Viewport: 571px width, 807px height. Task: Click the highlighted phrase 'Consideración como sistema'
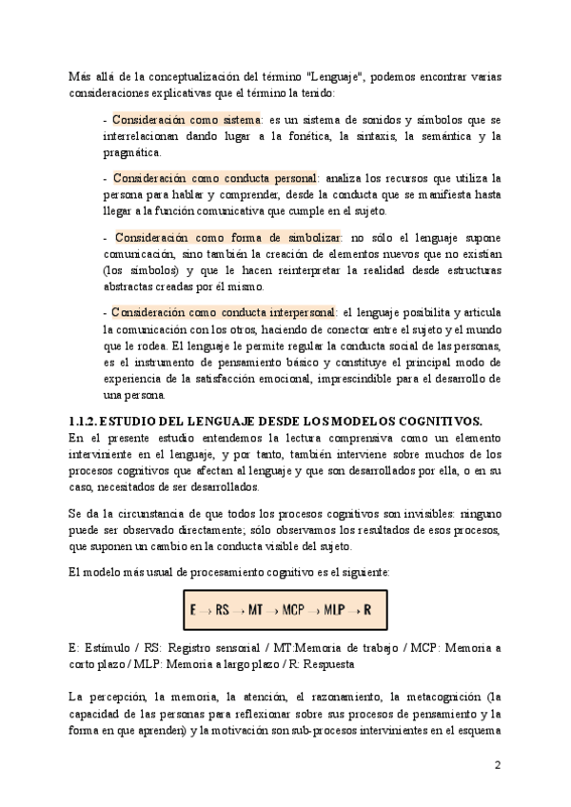[x=186, y=121]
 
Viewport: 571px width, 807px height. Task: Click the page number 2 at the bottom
[x=498, y=765]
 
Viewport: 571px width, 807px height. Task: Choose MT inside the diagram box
[x=257, y=608]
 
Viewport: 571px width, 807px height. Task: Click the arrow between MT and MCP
[x=274, y=609]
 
